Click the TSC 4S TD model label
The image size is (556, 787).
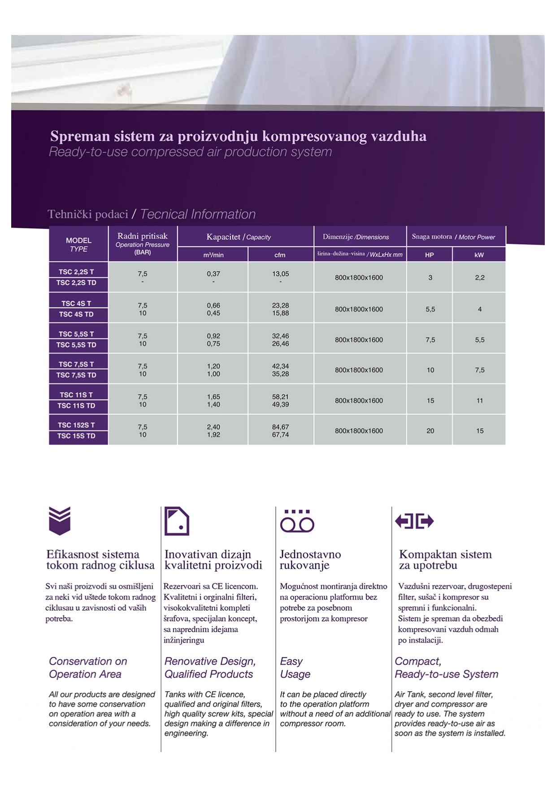[x=76, y=314]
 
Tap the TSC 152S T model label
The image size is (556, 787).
[x=76, y=425]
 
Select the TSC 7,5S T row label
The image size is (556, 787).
[x=76, y=365]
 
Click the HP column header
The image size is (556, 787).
[x=429, y=255]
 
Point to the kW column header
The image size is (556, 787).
[x=479, y=255]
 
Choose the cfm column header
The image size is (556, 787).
[x=280, y=255]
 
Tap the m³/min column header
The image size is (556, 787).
[x=213, y=255]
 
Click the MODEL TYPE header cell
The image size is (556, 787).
[x=78, y=244]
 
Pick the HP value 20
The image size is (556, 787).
[x=430, y=431]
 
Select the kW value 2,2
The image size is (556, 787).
[x=479, y=278]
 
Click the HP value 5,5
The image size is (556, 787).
[x=430, y=309]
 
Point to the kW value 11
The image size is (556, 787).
[x=479, y=400]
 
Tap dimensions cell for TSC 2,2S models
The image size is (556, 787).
[x=359, y=278]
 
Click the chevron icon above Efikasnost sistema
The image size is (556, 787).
[x=60, y=521]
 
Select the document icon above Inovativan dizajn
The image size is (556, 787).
[x=177, y=521]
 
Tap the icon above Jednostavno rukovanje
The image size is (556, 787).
[x=297, y=521]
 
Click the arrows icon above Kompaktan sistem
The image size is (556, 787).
[x=414, y=521]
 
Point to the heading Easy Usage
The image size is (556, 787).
[x=295, y=668]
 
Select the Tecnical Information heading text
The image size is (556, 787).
[x=198, y=214]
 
